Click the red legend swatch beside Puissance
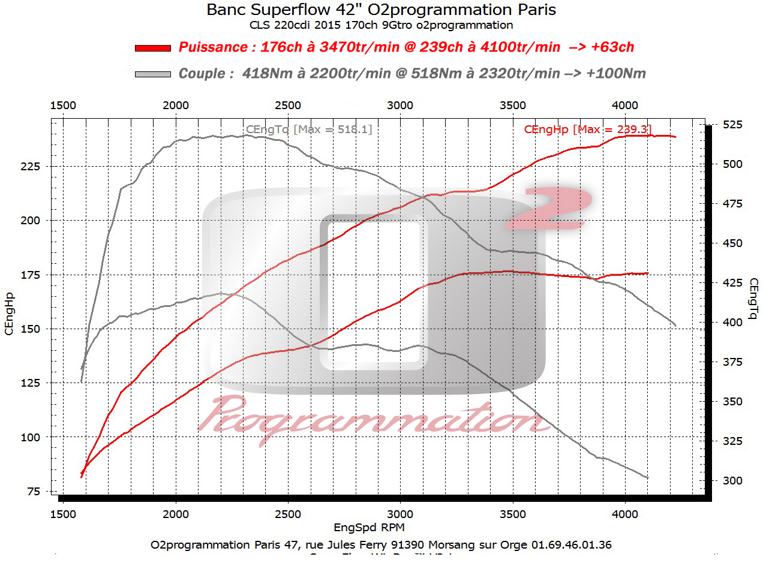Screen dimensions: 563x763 pos(153,47)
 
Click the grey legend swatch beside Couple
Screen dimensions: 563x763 pos(153,74)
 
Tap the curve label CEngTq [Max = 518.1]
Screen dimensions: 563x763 pos(309,129)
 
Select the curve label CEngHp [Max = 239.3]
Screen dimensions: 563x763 pos(587,129)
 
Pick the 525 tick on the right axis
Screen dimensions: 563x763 pos(732,124)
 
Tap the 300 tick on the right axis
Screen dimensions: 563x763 pos(732,480)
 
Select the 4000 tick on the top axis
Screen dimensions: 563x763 pos(625,106)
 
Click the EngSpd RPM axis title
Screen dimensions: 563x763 pos(369,528)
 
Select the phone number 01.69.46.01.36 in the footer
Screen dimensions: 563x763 pos(572,544)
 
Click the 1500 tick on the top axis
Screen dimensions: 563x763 pos(63,106)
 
